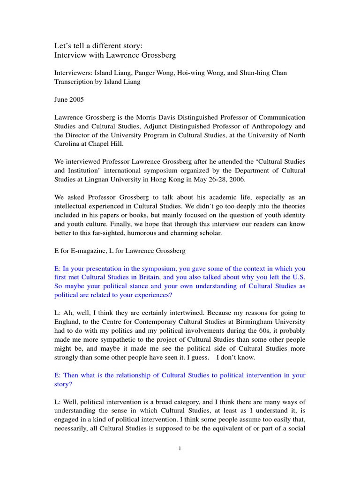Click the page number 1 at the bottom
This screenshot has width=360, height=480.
click(180, 449)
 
